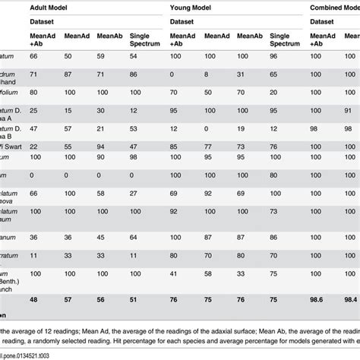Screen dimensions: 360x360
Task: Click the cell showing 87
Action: (68, 76)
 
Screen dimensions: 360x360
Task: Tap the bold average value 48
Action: (33, 301)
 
